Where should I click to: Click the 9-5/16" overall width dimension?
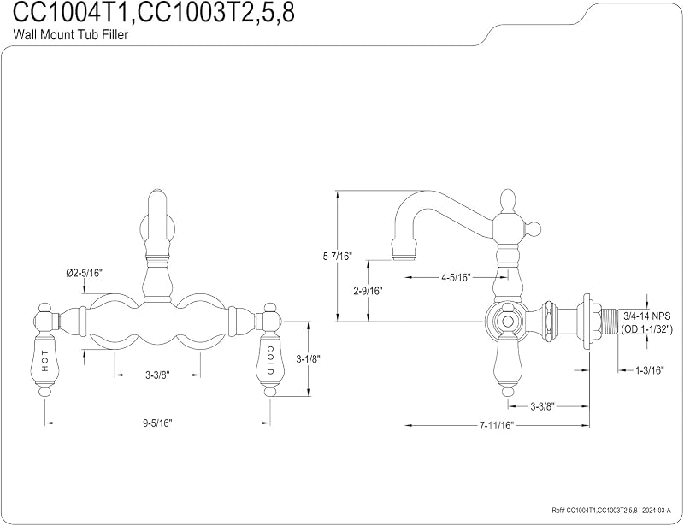tap(158, 423)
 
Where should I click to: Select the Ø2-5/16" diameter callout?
tap(84, 273)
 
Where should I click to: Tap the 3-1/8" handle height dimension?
tap(309, 359)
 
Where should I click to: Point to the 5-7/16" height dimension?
tap(337, 257)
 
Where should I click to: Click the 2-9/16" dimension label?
tap(368, 291)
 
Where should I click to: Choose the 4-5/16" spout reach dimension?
tap(456, 278)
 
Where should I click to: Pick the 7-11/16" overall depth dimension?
tap(497, 425)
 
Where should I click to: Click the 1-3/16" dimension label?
tap(649, 370)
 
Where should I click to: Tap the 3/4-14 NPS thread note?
tap(646, 316)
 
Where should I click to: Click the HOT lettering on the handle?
tap(45, 361)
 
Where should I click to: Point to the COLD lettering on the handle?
tap(270, 361)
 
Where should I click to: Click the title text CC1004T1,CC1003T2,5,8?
tap(154, 13)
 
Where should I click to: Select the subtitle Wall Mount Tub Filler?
tap(71, 34)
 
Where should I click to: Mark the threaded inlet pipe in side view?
tap(607, 322)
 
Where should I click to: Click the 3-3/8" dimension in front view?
tap(157, 375)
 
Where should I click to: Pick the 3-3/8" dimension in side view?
tap(542, 406)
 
